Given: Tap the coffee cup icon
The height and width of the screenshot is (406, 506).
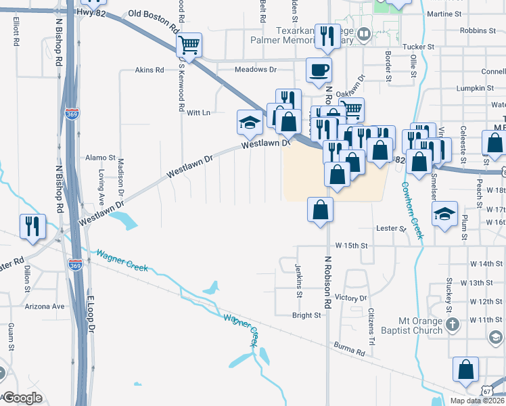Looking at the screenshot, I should pyautogui.click(x=319, y=70).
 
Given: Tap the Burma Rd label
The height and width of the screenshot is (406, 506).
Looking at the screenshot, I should pyautogui.click(x=349, y=348).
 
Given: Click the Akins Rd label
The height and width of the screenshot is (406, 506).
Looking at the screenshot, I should pyautogui.click(x=149, y=70).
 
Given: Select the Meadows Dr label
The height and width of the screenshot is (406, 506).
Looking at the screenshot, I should pyautogui.click(x=256, y=70).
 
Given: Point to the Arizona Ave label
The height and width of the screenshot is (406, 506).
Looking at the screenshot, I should pyautogui.click(x=45, y=306).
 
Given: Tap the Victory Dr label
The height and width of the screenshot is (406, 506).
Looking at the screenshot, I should pyautogui.click(x=350, y=298).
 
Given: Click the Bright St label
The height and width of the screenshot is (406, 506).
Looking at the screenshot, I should pyautogui.click(x=306, y=315).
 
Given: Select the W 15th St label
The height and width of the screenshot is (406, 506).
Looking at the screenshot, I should pyautogui.click(x=350, y=245).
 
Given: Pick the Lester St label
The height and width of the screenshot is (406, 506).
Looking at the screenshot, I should pyautogui.click(x=390, y=229).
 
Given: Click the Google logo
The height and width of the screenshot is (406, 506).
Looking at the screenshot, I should pyautogui.click(x=22, y=397).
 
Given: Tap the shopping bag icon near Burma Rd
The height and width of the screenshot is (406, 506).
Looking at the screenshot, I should pyautogui.click(x=466, y=370).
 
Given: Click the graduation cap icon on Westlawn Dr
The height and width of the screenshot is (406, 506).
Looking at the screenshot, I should pyautogui.click(x=249, y=123).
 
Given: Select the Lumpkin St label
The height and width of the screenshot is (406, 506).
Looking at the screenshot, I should pyautogui.click(x=474, y=88).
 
